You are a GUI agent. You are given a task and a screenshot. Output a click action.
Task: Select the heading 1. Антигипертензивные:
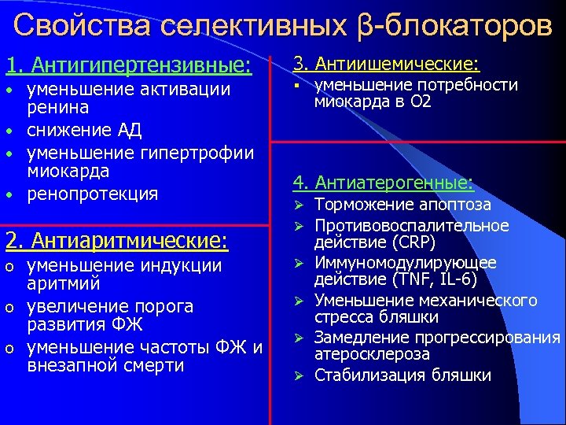129,65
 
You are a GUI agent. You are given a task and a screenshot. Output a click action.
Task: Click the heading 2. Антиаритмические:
116,238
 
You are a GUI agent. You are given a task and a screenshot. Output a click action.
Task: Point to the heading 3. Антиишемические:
386,63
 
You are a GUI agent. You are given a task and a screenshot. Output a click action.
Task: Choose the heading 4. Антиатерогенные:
383,183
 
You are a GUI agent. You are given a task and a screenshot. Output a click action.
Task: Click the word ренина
57,107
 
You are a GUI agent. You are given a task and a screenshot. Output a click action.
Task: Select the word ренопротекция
92,194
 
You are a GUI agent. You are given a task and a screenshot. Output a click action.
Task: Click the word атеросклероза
372,354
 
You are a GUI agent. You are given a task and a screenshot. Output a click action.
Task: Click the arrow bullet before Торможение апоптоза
298,205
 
